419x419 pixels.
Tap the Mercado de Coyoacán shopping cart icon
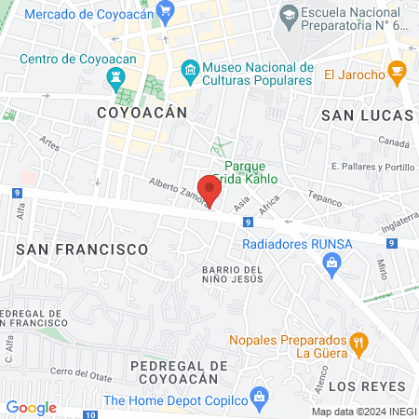(167, 12)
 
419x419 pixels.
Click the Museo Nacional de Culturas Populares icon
(190, 70)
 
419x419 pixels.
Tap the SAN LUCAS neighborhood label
(366, 114)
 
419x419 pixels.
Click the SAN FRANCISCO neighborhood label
(82, 250)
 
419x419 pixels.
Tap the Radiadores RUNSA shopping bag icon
(331, 265)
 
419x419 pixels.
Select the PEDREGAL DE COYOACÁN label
(178, 372)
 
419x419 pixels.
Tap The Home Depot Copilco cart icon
(259, 401)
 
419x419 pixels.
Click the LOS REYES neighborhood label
(369, 385)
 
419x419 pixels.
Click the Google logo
(31, 407)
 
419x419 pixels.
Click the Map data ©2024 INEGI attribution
(361, 412)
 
